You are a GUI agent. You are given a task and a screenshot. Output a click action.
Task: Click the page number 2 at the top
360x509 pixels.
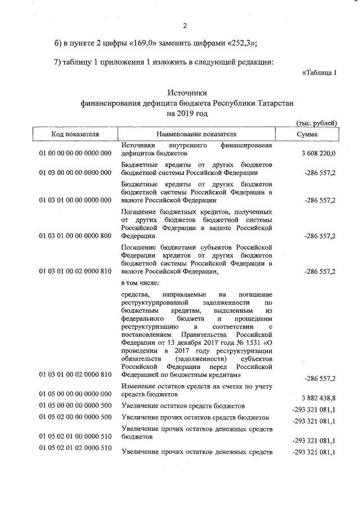click(x=184, y=25)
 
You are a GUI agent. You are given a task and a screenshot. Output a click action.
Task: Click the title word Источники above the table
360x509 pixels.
click(x=187, y=93)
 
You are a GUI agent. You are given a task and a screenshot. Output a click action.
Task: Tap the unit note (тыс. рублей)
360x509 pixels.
click(x=316, y=123)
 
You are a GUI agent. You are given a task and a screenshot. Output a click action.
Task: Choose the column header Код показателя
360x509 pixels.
click(x=75, y=134)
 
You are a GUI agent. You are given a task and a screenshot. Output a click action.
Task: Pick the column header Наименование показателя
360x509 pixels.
click(x=197, y=134)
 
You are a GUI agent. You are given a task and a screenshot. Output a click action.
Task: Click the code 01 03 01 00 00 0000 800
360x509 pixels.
click(x=75, y=237)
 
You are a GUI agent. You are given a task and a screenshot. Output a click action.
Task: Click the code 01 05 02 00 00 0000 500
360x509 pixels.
click(x=75, y=417)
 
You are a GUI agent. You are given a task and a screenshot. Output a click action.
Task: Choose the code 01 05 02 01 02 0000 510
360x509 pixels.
click(x=75, y=447)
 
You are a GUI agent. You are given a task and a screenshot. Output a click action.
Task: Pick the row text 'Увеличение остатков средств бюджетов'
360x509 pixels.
click(x=183, y=406)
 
